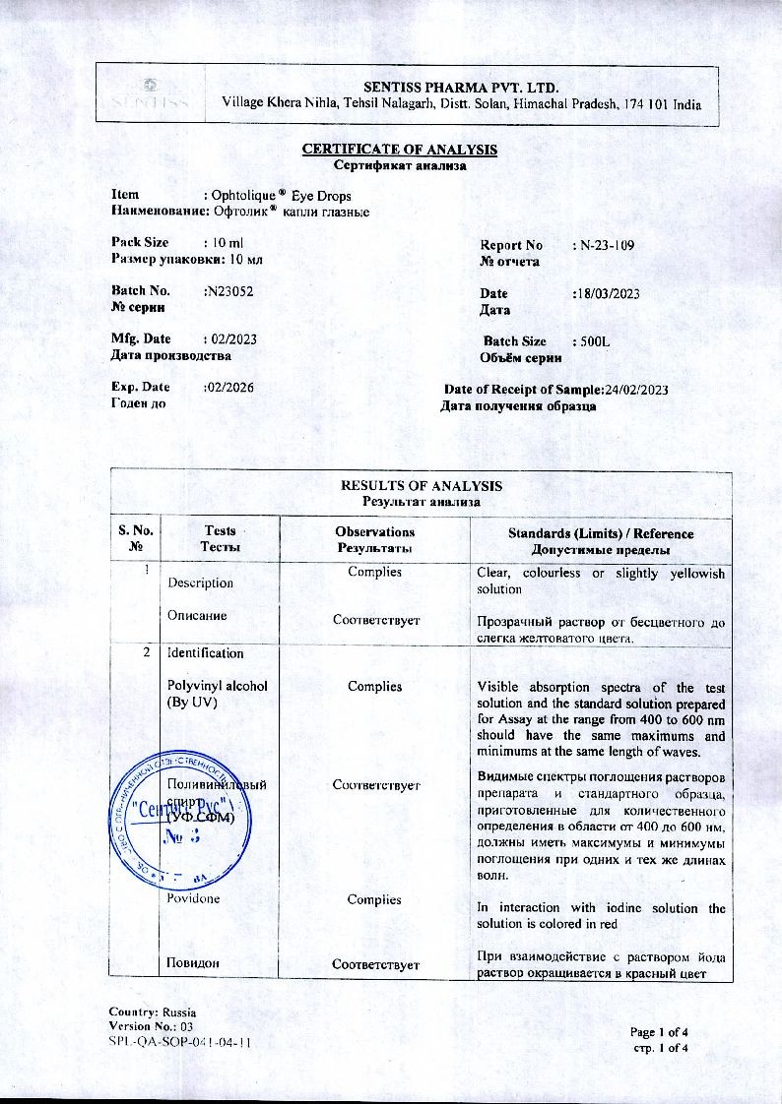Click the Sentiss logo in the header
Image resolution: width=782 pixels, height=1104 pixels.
[150, 93]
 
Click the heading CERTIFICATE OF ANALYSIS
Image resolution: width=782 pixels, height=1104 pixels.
[399, 150]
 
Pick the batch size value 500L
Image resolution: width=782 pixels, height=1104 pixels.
[591, 341]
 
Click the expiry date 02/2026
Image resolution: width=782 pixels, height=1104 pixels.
[228, 388]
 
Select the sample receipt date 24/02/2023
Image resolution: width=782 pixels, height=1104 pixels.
[637, 390]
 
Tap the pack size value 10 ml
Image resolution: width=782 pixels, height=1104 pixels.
[222, 242]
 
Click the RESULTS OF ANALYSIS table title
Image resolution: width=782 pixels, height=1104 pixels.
[421, 486]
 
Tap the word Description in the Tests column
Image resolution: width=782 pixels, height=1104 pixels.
[200, 583]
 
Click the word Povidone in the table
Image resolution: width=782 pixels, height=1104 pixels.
[193, 899]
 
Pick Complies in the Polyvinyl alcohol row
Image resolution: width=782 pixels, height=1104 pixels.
[374, 686]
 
